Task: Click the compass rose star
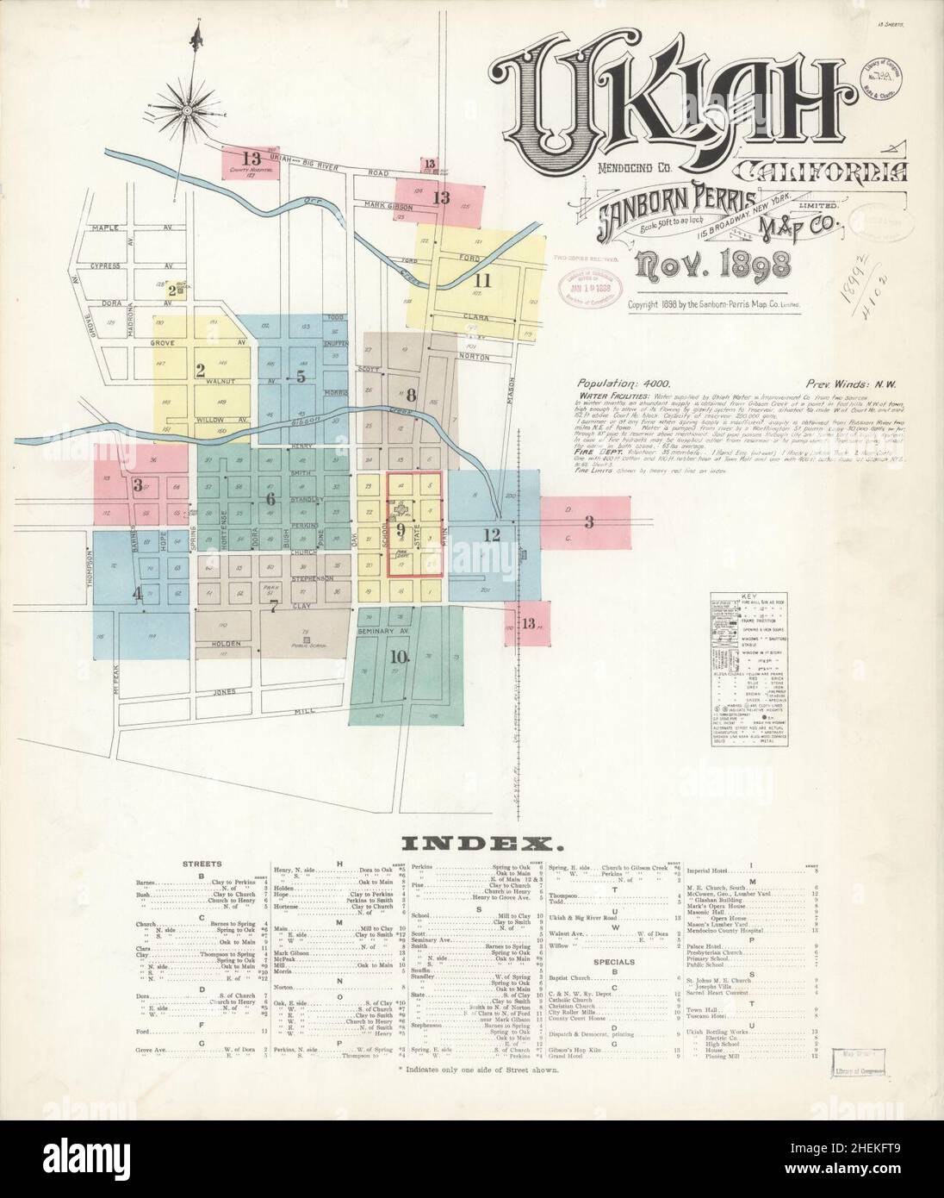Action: pyautogui.click(x=187, y=111)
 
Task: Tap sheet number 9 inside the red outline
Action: pyautogui.click(x=400, y=528)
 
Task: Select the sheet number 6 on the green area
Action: pyautogui.click(x=270, y=498)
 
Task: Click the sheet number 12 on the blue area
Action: pyautogui.click(x=492, y=534)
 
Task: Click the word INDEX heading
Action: pyautogui.click(x=472, y=840)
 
